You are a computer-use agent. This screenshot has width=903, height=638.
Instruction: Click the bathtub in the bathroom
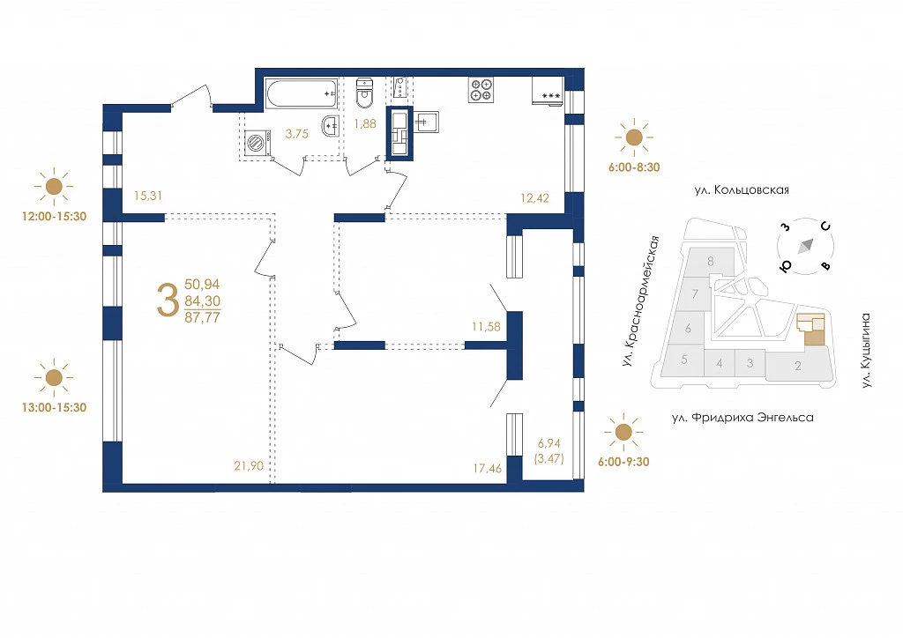302,93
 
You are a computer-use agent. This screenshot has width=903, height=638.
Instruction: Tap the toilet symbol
364,93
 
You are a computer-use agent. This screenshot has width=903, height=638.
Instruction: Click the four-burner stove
481,90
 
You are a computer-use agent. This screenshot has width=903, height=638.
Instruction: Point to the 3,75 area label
297,134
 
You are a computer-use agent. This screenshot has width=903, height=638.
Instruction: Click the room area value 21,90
249,466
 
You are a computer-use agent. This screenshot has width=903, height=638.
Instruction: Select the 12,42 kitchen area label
534,198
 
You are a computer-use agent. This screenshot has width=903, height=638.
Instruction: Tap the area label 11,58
486,327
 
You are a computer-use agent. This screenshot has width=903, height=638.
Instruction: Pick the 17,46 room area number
487,468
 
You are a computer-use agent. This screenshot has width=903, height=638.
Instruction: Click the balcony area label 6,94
549,443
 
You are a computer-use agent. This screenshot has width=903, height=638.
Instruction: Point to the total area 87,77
202,317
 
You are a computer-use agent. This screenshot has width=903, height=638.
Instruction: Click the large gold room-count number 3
168,301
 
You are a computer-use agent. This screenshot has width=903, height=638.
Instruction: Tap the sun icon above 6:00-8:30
634,137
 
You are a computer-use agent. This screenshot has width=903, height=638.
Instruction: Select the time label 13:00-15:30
54,407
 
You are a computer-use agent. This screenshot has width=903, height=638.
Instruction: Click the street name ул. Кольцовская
742,189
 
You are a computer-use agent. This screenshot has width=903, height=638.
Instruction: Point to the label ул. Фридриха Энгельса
743,418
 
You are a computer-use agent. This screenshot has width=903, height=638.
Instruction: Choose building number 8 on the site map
711,261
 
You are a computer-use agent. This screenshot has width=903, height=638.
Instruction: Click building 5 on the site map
684,360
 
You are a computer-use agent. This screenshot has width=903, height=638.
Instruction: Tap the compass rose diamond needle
806,246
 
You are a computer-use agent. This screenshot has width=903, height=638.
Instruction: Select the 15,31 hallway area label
148,196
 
